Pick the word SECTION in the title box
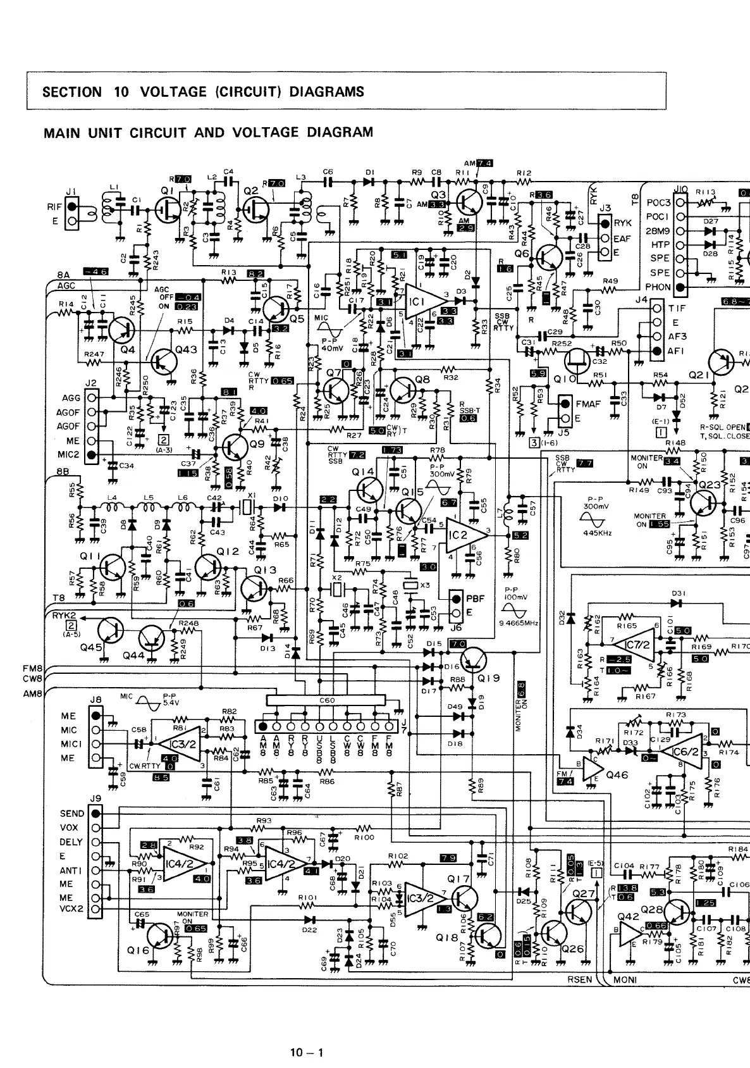pos(71,92)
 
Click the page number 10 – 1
pos(307,1053)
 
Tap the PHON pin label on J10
pos(658,287)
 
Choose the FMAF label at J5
pos(587,404)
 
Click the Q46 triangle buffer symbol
pos(592,767)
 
